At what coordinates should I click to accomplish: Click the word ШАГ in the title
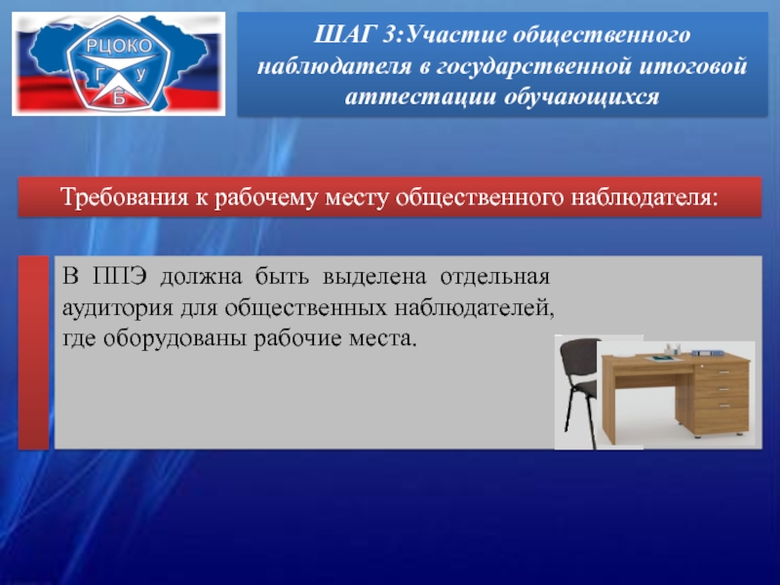pos(344,35)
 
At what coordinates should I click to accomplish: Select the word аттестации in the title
pos(420,97)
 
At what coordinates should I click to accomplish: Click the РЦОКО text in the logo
pos(119,46)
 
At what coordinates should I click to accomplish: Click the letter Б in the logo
pos(118,98)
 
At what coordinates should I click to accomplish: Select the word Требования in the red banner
pos(125,197)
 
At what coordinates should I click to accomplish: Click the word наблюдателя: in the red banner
pos(644,197)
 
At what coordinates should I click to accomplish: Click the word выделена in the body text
pos(374,277)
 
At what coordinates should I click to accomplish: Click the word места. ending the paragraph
pos(382,339)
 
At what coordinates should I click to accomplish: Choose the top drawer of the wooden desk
pos(721,371)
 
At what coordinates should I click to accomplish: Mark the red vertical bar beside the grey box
pos(34,353)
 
